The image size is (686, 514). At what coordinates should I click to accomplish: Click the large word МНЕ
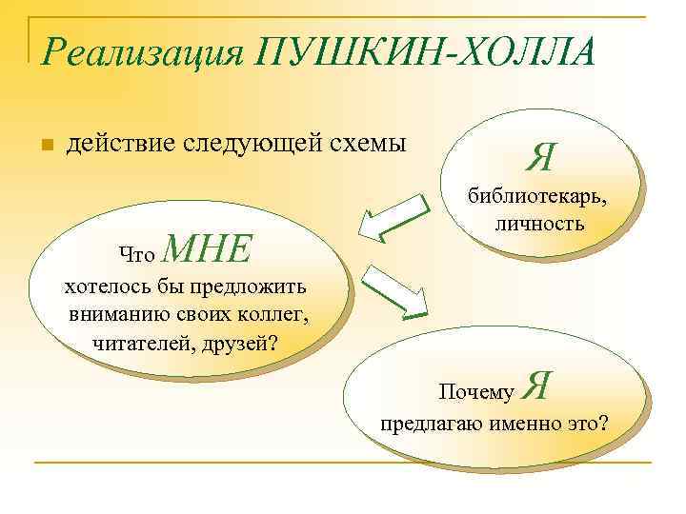click(x=208, y=249)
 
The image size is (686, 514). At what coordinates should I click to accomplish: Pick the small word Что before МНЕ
click(x=136, y=253)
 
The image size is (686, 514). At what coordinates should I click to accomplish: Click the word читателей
click(x=142, y=342)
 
